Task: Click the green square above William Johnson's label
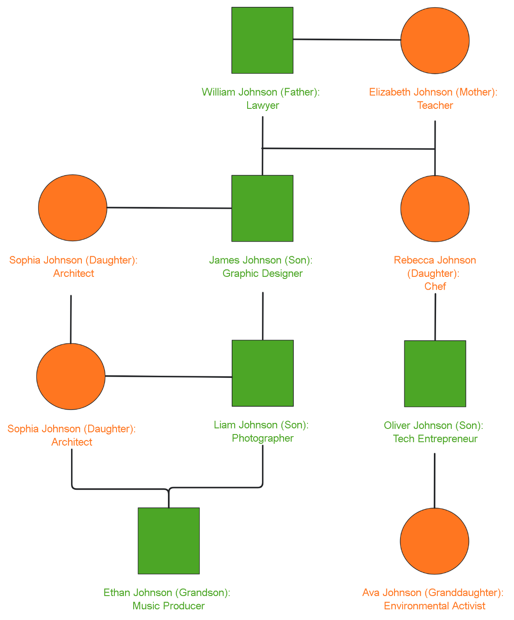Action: tap(262, 40)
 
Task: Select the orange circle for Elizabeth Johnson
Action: tap(435, 40)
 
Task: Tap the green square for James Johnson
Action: tap(262, 208)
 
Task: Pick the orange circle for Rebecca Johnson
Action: tap(435, 208)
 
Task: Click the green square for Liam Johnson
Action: tap(263, 373)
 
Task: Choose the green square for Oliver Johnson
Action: tap(435, 373)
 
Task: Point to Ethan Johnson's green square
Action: tap(169, 541)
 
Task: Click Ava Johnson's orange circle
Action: tap(434, 541)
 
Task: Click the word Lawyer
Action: tap(263, 105)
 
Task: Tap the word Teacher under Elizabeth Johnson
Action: tap(435, 105)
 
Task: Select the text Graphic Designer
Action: tap(263, 273)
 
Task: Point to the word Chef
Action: tap(435, 286)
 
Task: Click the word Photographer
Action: tap(263, 438)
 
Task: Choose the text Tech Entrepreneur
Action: tap(435, 439)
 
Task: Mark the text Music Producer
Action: tap(168, 606)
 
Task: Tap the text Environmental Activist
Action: tap(434, 606)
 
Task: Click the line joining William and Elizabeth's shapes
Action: tap(347, 40)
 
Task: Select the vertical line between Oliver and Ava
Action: tap(434, 480)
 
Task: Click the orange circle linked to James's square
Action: tap(72, 207)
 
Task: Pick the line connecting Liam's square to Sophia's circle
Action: tap(169, 377)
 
